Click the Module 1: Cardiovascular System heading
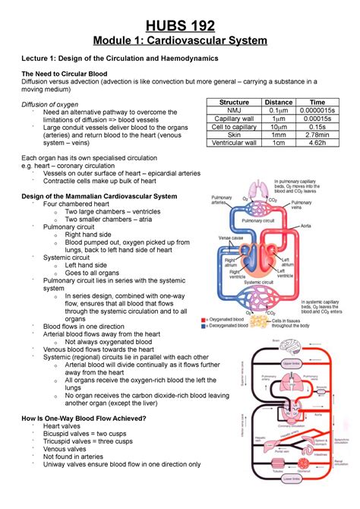(179, 38)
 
